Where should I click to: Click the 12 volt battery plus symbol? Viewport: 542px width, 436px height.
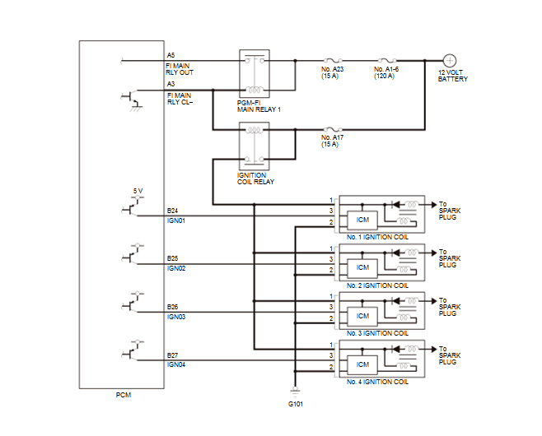(450, 61)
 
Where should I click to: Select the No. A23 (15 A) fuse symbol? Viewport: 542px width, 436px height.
(332, 60)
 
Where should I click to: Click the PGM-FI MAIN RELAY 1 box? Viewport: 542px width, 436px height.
(255, 74)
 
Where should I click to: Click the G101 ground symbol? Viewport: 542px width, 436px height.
(295, 391)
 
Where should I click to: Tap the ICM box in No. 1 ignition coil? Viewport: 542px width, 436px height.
(362, 220)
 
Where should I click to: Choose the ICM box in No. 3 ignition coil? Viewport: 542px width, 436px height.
(362, 317)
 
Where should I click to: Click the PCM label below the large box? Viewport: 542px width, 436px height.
(124, 395)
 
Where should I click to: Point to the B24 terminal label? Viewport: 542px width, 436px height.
(172, 211)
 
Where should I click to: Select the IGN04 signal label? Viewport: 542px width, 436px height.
(176, 365)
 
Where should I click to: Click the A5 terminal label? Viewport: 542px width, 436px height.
(171, 55)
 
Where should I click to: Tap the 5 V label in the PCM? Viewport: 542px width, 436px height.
(138, 191)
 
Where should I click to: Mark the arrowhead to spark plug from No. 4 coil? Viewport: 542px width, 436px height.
(434, 350)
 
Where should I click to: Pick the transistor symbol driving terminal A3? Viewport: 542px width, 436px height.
(132, 100)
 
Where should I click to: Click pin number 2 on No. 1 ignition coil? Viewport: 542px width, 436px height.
(331, 222)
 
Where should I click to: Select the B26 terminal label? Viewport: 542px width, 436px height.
(172, 307)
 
